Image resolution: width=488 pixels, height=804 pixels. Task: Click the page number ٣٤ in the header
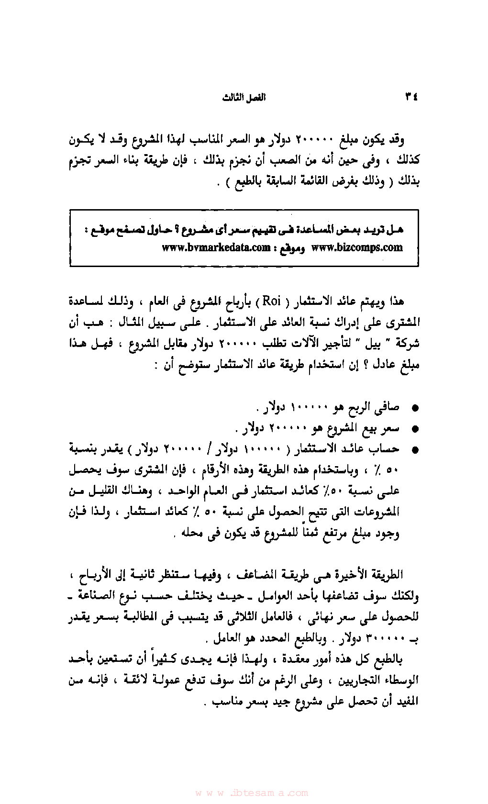click(411, 97)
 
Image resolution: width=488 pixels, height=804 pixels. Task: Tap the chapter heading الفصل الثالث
click(244, 98)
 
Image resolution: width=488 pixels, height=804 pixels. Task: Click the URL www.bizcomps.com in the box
click(357, 248)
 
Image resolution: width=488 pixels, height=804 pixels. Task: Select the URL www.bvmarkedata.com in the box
click(216, 248)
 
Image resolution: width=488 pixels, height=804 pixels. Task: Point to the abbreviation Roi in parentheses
click(272, 301)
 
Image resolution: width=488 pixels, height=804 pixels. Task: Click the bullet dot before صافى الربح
click(415, 408)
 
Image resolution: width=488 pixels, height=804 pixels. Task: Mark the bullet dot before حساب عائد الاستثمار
click(415, 450)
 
